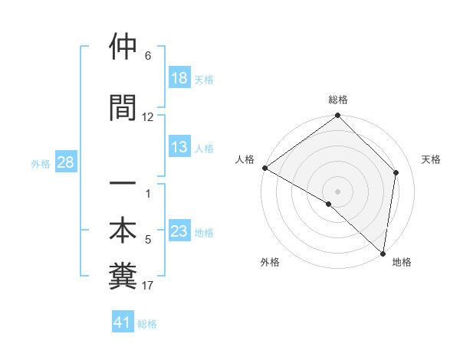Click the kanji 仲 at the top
click(x=123, y=47)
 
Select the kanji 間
click(x=123, y=106)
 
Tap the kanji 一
click(x=123, y=185)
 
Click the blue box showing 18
click(x=179, y=78)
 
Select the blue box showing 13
click(x=179, y=148)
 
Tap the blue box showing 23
click(x=179, y=232)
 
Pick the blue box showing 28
click(x=66, y=162)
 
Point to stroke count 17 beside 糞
click(x=148, y=286)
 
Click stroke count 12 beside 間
click(x=148, y=117)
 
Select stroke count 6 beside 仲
click(x=148, y=56)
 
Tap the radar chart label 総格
click(x=338, y=100)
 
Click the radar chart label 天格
click(x=432, y=159)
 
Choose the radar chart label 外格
click(x=270, y=263)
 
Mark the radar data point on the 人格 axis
click(x=264, y=168)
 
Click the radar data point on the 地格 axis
click(x=383, y=254)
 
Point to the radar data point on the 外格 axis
click(x=329, y=204)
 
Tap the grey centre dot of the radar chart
click(x=338, y=191)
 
